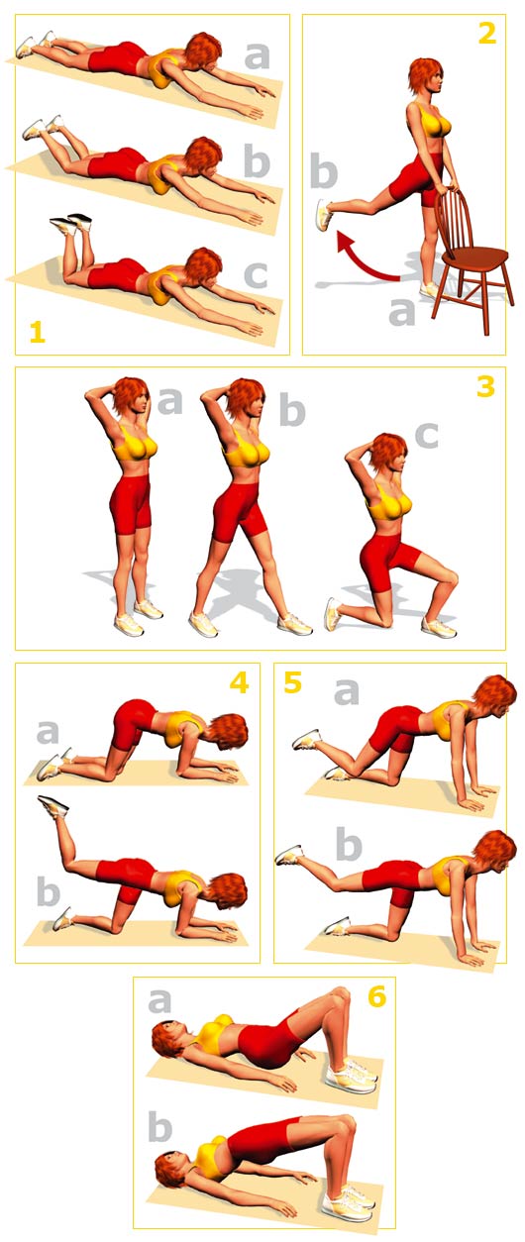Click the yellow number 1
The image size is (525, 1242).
pos(37,333)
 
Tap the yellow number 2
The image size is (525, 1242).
pos(487,34)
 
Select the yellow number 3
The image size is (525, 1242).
pos(485,386)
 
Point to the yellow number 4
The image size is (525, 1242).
pos(239,683)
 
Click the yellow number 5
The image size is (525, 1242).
pos(293,682)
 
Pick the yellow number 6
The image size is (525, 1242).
pos(376,997)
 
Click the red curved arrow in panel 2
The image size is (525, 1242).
pos(364,259)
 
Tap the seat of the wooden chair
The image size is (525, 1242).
pos(476,258)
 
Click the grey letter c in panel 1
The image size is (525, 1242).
pos(257,275)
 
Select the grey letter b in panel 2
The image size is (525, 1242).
pos(324,170)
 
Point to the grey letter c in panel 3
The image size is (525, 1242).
pos(426,434)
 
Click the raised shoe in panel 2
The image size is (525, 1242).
pos(324,215)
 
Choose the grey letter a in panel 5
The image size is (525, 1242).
pos(347,692)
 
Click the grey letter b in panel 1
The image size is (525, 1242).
pos(257,161)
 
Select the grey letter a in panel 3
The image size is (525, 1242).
pos(170,401)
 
